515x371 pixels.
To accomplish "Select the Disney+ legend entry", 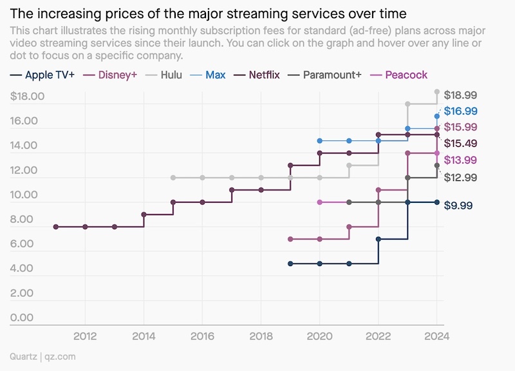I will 117,75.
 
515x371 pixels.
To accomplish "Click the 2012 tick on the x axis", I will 85,336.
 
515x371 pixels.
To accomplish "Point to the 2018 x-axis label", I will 261,336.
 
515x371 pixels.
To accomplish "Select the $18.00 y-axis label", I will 28,97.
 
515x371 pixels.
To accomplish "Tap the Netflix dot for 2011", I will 56,227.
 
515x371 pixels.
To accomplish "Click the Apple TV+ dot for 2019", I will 290,263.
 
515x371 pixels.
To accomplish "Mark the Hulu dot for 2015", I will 173,178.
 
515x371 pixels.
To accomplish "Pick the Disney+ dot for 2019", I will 290,239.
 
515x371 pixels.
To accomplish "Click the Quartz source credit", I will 24,356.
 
